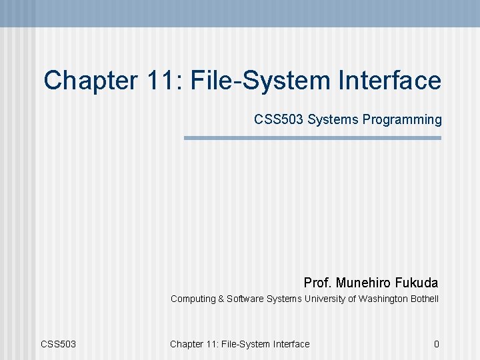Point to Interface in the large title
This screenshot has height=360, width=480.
(x=387, y=81)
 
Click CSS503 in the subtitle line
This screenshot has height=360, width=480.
(x=279, y=120)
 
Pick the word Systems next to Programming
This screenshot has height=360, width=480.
(x=335, y=120)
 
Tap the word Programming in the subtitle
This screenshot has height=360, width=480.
(x=403, y=120)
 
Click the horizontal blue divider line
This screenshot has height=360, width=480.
(x=313, y=138)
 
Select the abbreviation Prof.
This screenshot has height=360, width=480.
(x=318, y=283)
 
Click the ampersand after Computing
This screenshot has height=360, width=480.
(x=221, y=299)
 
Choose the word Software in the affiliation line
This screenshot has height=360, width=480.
(x=245, y=299)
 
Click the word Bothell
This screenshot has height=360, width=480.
(x=425, y=299)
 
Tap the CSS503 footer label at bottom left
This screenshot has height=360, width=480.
(x=59, y=344)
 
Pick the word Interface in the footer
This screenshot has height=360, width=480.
(x=290, y=344)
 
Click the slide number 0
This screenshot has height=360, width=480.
(x=436, y=344)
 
